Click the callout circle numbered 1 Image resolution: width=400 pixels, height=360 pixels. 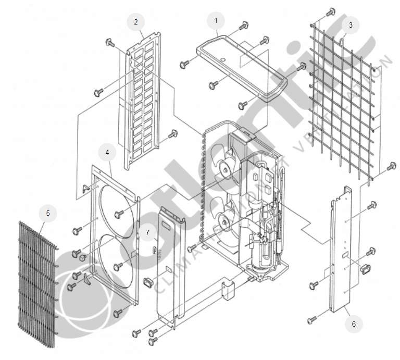click(x=216, y=21)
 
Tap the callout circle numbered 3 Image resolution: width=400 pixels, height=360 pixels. click(x=351, y=24)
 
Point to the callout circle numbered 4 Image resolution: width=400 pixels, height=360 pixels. click(x=107, y=152)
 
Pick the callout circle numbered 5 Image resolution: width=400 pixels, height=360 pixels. click(x=48, y=213)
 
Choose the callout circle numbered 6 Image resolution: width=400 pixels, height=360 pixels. click(x=354, y=324)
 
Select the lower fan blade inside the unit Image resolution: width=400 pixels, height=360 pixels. click(x=225, y=219)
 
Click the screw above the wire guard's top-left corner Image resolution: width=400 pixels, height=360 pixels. click(x=330, y=12)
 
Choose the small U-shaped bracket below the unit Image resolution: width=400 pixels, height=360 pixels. click(x=228, y=290)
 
